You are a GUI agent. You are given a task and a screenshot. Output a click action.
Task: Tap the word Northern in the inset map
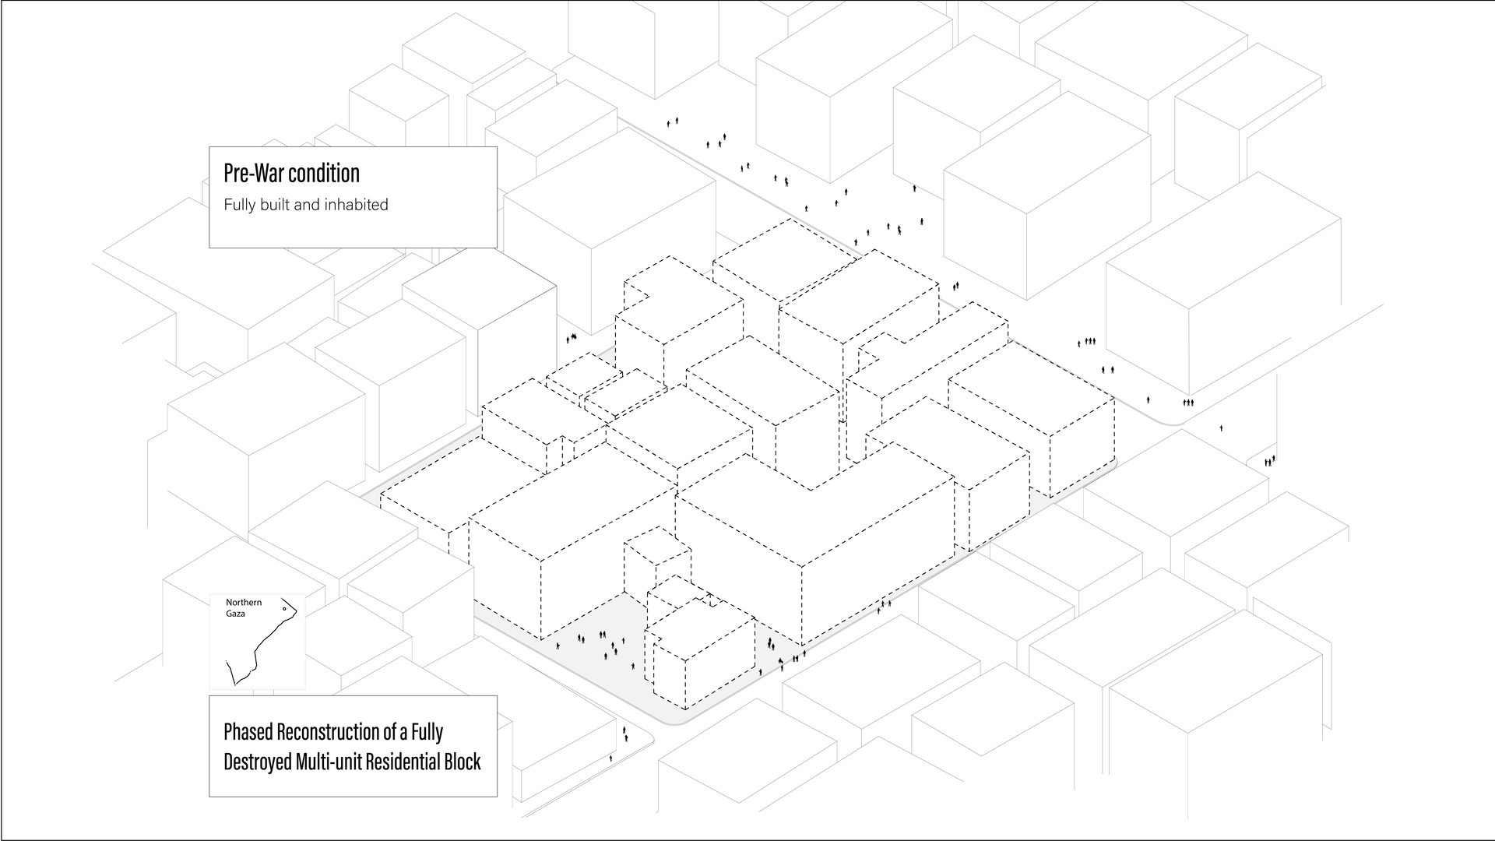click(244, 603)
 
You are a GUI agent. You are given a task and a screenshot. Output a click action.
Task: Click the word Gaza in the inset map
click(235, 614)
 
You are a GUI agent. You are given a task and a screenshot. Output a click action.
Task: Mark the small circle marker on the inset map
click(284, 609)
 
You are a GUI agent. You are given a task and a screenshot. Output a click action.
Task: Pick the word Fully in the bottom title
click(427, 732)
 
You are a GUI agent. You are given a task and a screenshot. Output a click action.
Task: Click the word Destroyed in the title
click(257, 762)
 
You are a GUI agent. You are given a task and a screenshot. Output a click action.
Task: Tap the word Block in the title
click(463, 762)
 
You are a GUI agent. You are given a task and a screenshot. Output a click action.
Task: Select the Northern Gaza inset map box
click(258, 642)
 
